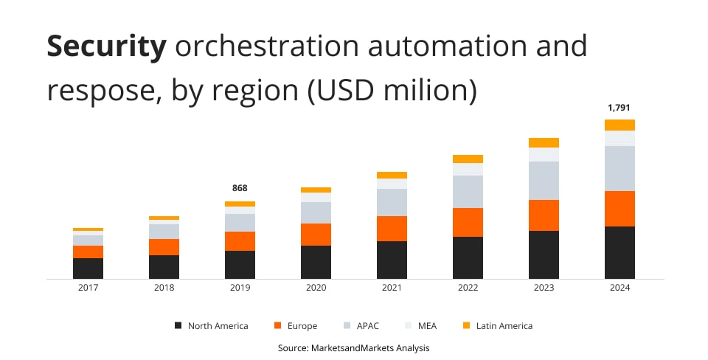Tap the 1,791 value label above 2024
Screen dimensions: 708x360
click(619, 108)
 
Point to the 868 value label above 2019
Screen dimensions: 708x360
click(240, 188)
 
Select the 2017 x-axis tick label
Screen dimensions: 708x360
click(88, 287)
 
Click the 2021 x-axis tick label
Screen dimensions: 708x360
click(392, 287)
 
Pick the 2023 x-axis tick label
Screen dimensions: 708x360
click(544, 287)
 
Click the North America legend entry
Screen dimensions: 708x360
click(212, 325)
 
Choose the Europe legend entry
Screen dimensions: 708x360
click(296, 325)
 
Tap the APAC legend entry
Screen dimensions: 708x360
click(361, 325)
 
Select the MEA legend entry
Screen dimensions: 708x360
click(421, 325)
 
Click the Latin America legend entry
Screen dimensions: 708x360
click(498, 325)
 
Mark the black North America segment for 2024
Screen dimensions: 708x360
click(619, 252)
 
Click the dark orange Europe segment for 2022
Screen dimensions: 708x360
click(468, 222)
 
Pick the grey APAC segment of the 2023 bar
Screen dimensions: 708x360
click(544, 181)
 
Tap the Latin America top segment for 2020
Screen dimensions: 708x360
click(316, 190)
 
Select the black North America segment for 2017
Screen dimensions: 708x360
click(88, 269)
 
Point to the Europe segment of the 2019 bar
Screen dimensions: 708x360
click(240, 241)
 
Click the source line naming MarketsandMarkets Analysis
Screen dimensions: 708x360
click(353, 347)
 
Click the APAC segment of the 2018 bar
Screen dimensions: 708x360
click(164, 232)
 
